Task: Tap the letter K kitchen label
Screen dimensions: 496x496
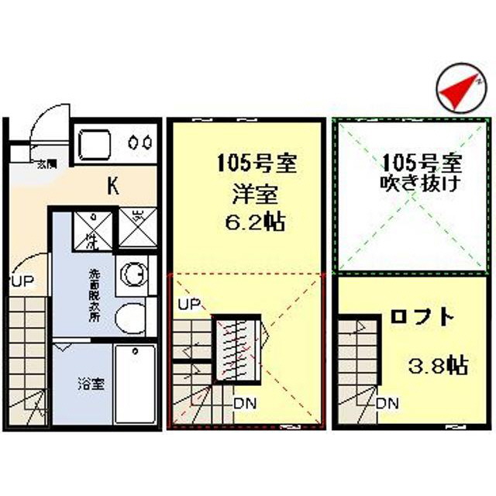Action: pos(112,186)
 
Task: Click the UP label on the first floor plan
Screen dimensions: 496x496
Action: pos(22,281)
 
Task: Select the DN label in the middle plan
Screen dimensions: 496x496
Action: pos(246,402)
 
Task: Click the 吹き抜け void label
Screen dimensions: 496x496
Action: pos(421,184)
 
